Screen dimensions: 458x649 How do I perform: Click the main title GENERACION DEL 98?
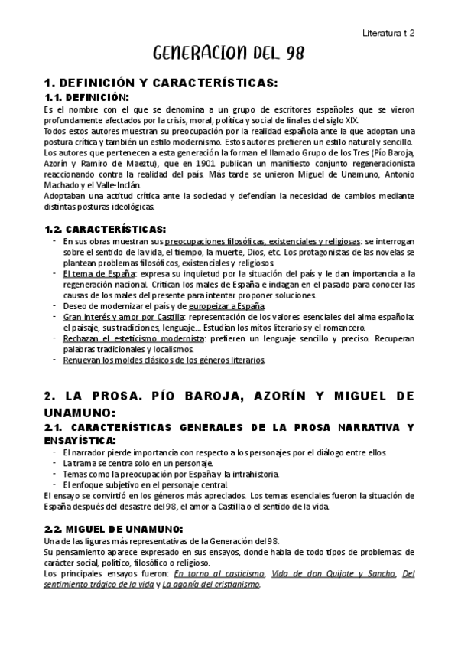click(229, 54)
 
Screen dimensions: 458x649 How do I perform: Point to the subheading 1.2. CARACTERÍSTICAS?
click(105, 229)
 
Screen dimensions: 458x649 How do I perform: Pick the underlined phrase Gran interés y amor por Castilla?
click(124, 317)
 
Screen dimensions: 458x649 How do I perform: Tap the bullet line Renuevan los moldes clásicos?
click(164, 360)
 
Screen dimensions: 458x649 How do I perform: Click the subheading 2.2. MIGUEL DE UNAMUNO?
click(113, 530)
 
